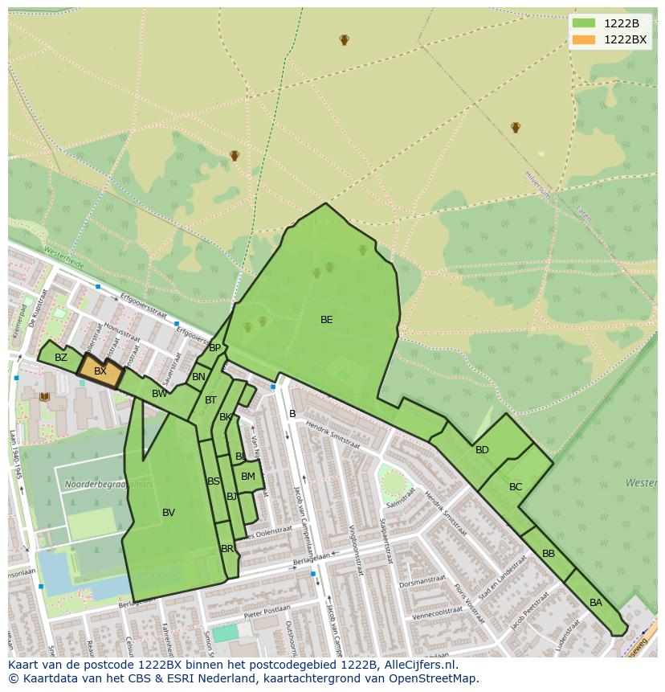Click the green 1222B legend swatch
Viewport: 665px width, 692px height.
click(x=584, y=23)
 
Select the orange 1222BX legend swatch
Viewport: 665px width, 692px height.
click(x=584, y=39)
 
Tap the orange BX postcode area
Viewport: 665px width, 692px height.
click(x=100, y=371)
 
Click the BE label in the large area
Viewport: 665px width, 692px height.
click(x=326, y=320)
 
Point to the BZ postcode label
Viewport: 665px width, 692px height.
click(x=61, y=358)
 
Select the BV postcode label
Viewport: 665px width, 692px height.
click(x=169, y=513)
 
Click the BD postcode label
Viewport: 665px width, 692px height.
click(x=482, y=450)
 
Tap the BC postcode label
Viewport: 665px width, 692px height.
click(x=516, y=487)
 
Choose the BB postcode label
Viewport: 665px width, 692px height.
click(x=549, y=554)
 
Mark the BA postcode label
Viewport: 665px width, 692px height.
click(x=595, y=603)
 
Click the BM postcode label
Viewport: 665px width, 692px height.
click(x=248, y=477)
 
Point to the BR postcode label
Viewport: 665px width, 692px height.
click(x=227, y=549)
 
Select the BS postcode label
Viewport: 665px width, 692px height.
click(x=214, y=481)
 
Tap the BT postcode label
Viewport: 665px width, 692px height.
click(x=210, y=400)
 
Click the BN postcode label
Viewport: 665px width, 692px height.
click(x=198, y=377)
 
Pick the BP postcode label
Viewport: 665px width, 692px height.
click(x=214, y=348)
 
